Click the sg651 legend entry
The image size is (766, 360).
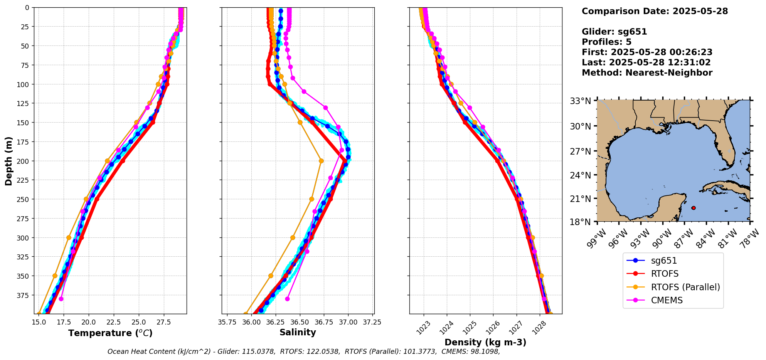tap(663, 261)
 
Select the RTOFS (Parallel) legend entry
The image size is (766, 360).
tap(685, 287)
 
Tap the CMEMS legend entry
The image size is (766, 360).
tap(667, 300)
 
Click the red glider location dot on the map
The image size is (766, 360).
tap(694, 208)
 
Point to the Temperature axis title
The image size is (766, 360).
tap(110, 333)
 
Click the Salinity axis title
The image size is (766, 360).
tap(298, 332)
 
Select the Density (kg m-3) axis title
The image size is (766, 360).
tap(485, 342)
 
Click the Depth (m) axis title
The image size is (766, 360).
tap(8, 161)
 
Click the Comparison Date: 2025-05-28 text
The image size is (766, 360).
tap(655, 11)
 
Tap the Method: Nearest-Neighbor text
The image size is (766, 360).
tap(647, 72)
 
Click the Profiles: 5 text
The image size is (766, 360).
tap(606, 42)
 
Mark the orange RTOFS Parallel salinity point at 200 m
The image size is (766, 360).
tap(321, 161)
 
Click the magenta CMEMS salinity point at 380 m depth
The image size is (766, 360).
tap(287, 299)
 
